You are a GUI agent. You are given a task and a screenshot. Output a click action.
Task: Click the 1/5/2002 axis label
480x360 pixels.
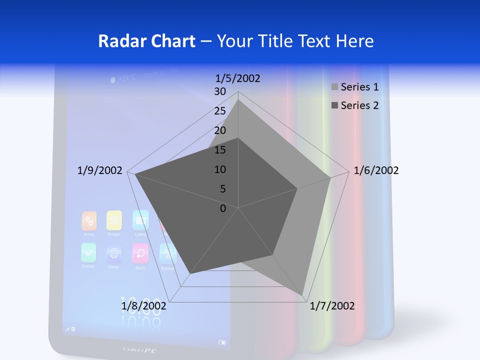click(x=237, y=78)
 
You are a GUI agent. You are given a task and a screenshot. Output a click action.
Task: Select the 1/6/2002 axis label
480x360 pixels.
click(x=376, y=170)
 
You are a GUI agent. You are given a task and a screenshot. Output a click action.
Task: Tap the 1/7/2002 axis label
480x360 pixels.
click(x=332, y=306)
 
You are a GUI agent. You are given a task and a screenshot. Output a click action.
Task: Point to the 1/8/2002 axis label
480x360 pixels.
click(x=143, y=306)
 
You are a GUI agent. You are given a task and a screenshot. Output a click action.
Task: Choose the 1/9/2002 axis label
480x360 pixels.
click(x=99, y=170)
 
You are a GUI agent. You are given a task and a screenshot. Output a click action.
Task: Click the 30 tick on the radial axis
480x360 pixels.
click(x=220, y=91)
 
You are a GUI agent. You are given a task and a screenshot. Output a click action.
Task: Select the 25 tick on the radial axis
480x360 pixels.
click(x=220, y=111)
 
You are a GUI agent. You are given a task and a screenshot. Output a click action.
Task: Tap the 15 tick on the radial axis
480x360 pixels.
click(x=220, y=150)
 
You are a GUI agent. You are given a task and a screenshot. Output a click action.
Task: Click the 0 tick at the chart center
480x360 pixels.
click(x=223, y=208)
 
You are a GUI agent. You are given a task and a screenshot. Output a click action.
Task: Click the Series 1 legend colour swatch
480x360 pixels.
click(x=334, y=87)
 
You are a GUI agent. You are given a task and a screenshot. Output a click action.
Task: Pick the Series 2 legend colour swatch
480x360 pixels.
click(x=334, y=105)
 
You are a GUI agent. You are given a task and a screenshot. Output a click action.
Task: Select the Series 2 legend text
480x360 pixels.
click(x=359, y=105)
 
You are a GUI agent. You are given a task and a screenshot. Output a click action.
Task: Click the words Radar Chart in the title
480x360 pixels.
click(x=146, y=41)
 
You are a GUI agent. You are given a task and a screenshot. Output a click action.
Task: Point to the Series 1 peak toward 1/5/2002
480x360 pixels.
click(x=238, y=100)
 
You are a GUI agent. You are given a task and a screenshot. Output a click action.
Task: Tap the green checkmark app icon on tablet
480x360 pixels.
click(x=88, y=252)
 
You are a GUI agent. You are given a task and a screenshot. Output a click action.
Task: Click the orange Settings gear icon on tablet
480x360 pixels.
click(x=89, y=220)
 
